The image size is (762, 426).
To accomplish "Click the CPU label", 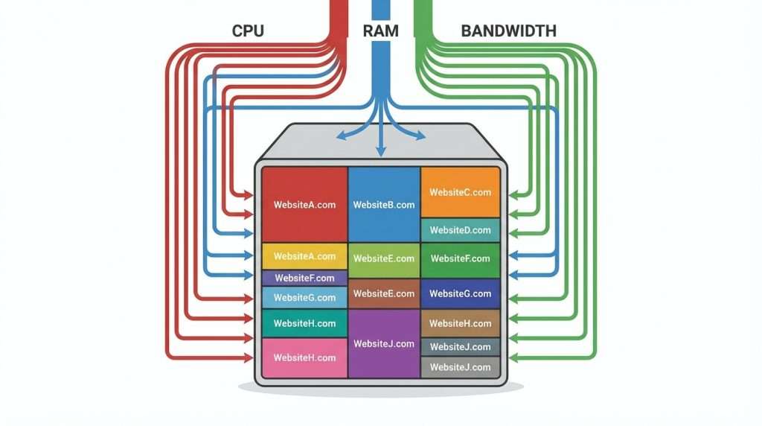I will click(x=249, y=31).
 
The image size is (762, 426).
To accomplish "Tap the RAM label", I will click(x=380, y=31).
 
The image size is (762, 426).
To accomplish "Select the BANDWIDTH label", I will click(x=509, y=31).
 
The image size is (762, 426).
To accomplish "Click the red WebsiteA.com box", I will click(x=304, y=204).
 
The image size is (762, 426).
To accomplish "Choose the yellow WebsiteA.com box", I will click(x=304, y=256).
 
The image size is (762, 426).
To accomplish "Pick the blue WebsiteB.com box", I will click(x=384, y=204).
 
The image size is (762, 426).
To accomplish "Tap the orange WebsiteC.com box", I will click(x=460, y=192).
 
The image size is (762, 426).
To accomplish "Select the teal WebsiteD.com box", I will click(x=460, y=230).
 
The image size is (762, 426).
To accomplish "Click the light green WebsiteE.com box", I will click(x=384, y=259).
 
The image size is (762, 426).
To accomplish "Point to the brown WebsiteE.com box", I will click(x=384, y=293).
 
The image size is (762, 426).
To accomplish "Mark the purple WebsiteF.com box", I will click(x=304, y=278).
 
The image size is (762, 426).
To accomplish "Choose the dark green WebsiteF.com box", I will click(x=460, y=259).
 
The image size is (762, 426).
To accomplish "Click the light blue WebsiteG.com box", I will click(x=304, y=298).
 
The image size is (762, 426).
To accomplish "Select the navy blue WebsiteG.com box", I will click(x=460, y=293).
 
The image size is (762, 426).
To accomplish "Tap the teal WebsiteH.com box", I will click(x=304, y=323).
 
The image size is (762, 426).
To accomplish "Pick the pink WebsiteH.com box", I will click(x=304, y=357).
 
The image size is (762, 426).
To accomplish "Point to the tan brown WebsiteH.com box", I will click(x=460, y=323).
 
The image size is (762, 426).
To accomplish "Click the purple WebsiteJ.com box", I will click(x=384, y=343).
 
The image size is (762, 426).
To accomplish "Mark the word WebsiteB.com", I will click(x=384, y=205).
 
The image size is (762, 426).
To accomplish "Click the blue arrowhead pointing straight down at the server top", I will click(x=381, y=151).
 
